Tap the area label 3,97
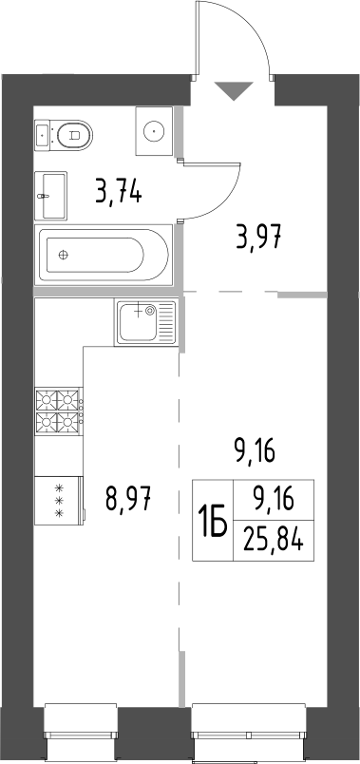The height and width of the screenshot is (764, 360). pyautogui.click(x=258, y=237)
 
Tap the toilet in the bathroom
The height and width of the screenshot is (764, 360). pyautogui.click(x=73, y=136)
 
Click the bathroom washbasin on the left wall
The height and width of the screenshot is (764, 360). pyautogui.click(x=51, y=195)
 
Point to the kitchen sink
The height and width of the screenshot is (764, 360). pyautogui.click(x=146, y=321)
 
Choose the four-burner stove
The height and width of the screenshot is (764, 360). pyautogui.click(x=58, y=411)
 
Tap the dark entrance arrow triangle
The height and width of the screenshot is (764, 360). pyautogui.click(x=234, y=91)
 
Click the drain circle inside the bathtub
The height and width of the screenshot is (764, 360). pyautogui.click(x=64, y=255)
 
